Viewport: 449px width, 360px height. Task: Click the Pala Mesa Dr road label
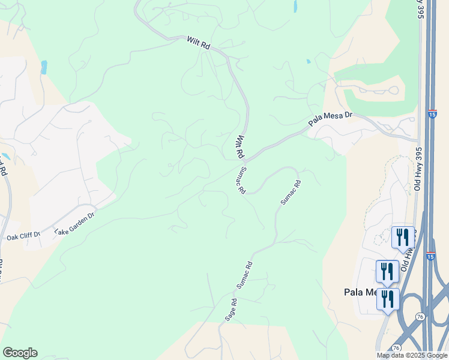tap(330, 119)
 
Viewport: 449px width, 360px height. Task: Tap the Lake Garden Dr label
tap(74, 223)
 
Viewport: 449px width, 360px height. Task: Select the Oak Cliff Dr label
tap(23, 236)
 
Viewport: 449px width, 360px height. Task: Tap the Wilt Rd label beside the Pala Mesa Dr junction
tap(240, 146)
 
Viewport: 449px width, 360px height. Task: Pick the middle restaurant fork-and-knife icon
tap(387, 271)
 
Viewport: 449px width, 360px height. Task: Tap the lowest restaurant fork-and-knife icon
tap(388, 298)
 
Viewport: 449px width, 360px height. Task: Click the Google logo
tap(20, 353)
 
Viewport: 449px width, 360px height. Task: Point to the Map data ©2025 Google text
tap(412, 355)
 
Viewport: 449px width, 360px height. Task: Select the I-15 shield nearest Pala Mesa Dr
tap(432, 113)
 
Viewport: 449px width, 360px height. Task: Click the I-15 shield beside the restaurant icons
tap(430, 256)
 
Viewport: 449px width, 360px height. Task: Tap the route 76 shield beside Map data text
tap(396, 347)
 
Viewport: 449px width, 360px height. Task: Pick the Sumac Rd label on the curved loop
tap(291, 193)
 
